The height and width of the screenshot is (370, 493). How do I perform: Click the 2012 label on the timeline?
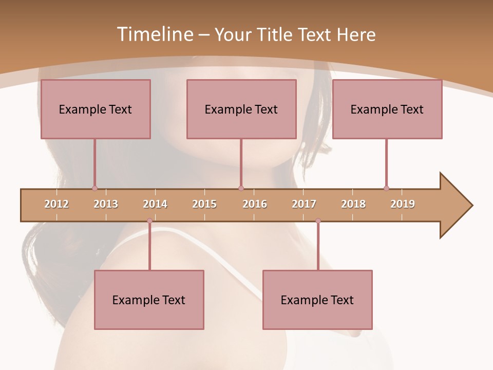tap(56, 204)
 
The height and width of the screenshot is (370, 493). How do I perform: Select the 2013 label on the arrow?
tap(106, 204)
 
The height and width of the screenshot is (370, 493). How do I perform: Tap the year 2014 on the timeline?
tap(155, 204)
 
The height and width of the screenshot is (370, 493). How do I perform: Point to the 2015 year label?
tap(204, 204)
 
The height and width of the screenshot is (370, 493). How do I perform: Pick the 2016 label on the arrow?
tap(255, 204)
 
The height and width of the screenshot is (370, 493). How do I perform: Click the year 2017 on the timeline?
tap(304, 204)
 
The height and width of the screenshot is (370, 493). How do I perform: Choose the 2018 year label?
tap(353, 204)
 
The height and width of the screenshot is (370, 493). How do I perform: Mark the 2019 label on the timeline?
tap(403, 204)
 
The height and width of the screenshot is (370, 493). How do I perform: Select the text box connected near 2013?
tap(96, 109)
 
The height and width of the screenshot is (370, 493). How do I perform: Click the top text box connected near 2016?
tap(241, 109)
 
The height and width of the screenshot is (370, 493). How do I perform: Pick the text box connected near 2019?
tap(387, 109)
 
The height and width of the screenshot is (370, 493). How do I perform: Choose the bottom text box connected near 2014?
tap(149, 300)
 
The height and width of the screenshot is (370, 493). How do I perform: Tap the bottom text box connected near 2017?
tap(317, 300)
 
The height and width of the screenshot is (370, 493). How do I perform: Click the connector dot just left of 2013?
tap(94, 188)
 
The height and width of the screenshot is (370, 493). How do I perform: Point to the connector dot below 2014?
tap(149, 221)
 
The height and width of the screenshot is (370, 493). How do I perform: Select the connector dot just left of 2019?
tap(386, 188)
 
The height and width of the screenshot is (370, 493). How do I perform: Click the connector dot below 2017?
tap(318, 221)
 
